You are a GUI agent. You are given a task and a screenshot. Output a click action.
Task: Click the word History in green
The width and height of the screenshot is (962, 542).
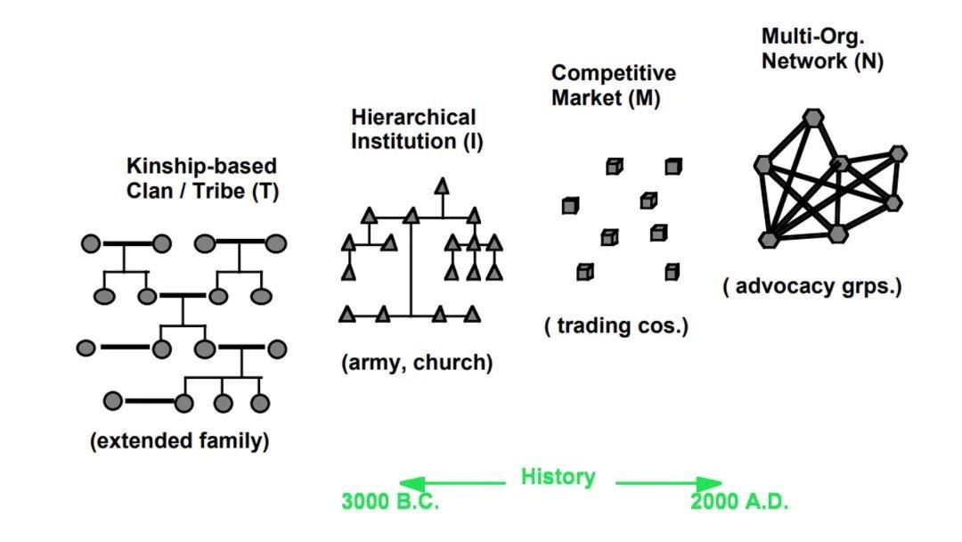pos(558,477)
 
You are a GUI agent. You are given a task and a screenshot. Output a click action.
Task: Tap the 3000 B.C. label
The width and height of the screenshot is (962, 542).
pos(390,502)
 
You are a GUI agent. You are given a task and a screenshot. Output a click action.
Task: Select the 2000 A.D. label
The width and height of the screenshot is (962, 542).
pos(739,502)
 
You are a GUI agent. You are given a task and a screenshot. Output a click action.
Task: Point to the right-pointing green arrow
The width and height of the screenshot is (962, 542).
pos(669,482)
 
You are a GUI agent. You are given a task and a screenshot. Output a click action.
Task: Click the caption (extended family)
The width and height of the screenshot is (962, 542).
pos(179,441)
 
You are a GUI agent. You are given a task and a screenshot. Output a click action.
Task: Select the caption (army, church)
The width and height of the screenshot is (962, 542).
pos(416,363)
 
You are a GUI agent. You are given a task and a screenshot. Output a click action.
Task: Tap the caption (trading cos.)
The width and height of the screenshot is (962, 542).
pos(616,326)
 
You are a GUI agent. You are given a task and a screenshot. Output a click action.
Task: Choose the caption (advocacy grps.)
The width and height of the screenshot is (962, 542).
pos(812,287)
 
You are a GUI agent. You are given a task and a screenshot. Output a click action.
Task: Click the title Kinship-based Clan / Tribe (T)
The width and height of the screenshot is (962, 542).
pos(201,178)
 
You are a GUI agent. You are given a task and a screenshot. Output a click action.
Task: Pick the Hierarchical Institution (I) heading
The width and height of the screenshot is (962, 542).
pos(416,129)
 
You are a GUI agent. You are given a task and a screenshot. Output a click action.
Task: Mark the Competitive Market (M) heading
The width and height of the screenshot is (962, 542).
pos(613,86)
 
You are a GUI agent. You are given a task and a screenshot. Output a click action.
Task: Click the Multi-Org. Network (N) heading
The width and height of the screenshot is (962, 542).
pos(821,49)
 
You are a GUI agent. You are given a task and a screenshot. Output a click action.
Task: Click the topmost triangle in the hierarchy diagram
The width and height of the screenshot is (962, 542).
pos(441,185)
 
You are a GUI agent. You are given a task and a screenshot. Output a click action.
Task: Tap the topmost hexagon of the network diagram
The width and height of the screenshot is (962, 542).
pos(812,117)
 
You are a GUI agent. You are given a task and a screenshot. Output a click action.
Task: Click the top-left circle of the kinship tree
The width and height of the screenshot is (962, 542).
pos(91,243)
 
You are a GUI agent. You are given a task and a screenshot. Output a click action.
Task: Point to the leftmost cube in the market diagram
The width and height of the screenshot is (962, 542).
pos(570,206)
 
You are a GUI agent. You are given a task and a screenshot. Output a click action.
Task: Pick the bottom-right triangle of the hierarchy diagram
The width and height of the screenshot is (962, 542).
pos(471,313)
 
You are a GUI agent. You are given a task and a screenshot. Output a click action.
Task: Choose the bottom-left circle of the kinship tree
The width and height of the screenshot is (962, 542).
pos(113,401)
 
